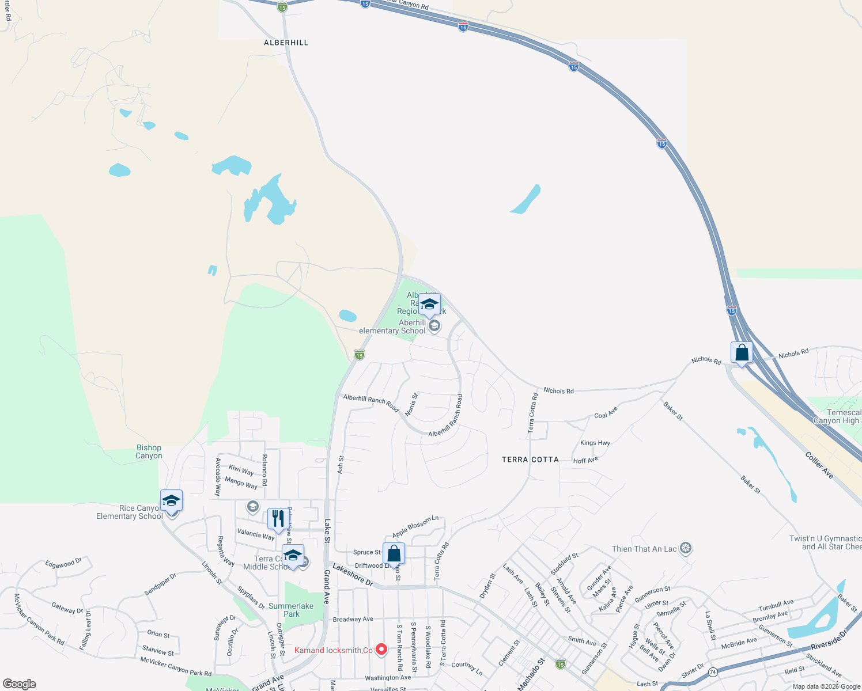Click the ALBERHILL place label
click(x=286, y=43)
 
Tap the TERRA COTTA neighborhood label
click(x=530, y=460)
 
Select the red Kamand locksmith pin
click(x=381, y=650)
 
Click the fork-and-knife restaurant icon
click(x=278, y=518)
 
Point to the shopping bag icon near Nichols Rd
click(x=742, y=352)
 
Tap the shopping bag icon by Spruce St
click(x=394, y=554)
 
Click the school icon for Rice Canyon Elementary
click(x=171, y=500)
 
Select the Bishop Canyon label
click(x=149, y=452)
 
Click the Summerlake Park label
click(x=291, y=610)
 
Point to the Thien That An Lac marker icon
click(x=685, y=548)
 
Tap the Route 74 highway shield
click(x=713, y=672)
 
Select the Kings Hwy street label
click(x=595, y=443)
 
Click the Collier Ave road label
click(x=819, y=465)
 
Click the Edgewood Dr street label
click(x=63, y=563)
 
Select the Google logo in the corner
click(x=19, y=684)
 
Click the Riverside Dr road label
click(x=829, y=639)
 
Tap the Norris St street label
click(x=411, y=404)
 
